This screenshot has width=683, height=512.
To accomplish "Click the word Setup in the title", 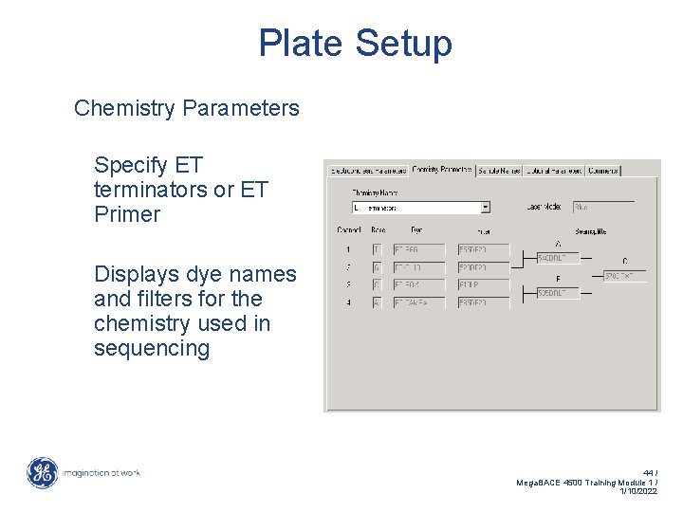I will pos(404,45).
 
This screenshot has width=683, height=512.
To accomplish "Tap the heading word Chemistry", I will pos(124,108).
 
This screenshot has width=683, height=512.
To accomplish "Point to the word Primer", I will pos(127,214).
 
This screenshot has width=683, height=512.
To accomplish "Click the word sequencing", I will pos(152,348).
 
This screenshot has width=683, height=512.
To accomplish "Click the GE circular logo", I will pos(42,472).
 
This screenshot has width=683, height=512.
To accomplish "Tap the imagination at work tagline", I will pos(102,472).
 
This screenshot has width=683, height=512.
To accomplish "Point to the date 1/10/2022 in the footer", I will pos(637,492).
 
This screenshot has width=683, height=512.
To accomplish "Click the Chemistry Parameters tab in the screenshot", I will pos(442,171).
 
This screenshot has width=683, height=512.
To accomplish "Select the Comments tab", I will pos(603,171).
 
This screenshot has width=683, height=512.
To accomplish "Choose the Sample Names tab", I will pos(499,171).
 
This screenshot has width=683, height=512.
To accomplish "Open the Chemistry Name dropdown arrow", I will pos(486,207).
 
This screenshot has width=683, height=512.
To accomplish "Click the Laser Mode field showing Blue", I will pos(603,207).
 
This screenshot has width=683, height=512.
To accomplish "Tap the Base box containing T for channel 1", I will pos(377,249).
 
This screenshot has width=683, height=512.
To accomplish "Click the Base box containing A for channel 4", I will pos(377,302).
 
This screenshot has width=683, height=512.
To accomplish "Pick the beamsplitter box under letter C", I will pos(624,276).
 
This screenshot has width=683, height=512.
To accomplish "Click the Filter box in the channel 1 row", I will pos(484,249).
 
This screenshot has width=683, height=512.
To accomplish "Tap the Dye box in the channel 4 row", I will pos(418,302).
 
